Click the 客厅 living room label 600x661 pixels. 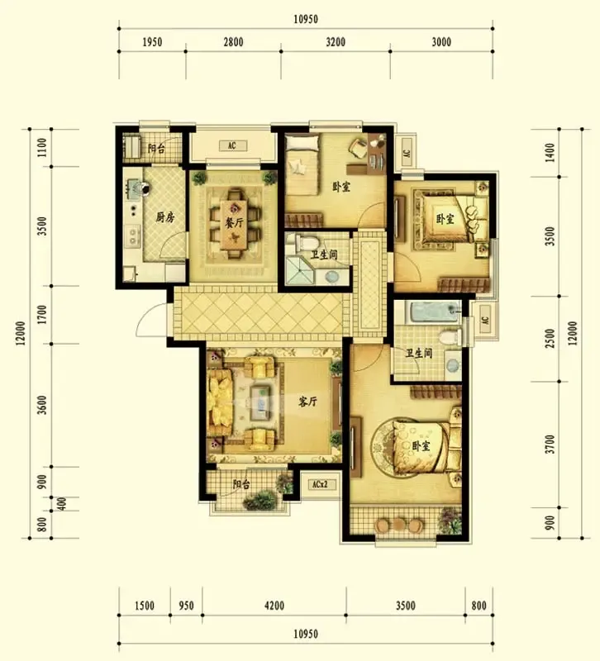tap(307, 402)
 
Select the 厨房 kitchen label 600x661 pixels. tap(164, 217)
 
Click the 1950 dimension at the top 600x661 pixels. tap(152, 42)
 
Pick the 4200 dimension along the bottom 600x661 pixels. tap(274, 606)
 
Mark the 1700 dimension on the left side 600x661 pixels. tap(42, 315)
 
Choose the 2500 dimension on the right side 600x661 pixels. tap(550, 339)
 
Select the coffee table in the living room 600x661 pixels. tap(260, 403)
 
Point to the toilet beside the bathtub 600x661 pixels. tap(449, 337)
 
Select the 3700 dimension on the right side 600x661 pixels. tap(550, 445)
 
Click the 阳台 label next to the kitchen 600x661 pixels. tap(155, 149)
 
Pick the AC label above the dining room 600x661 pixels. tap(232, 146)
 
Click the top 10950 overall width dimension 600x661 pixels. tap(306, 19)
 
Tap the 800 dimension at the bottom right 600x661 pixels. tap(479, 606)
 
